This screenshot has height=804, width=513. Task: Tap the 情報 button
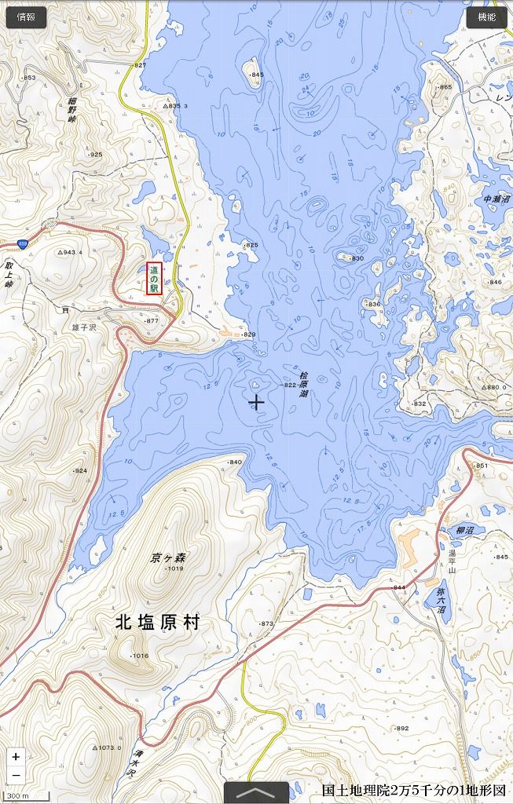point(25,17)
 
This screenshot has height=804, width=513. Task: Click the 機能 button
point(486,17)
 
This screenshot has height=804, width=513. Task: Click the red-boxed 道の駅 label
point(154,278)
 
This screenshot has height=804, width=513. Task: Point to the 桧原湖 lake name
point(303,384)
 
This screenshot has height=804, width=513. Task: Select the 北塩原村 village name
point(157,623)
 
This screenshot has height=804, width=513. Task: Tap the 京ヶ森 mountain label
point(168,557)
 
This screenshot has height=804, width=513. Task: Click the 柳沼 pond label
point(465,531)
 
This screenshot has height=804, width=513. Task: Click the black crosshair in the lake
point(256,402)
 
